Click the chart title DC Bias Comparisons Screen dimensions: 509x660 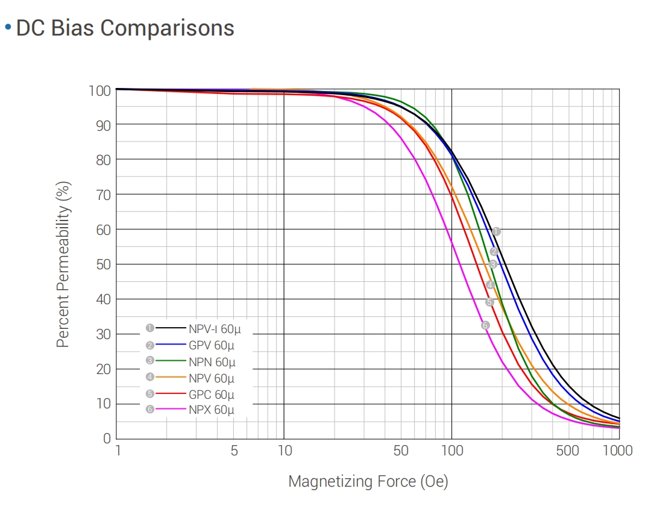pos(125,28)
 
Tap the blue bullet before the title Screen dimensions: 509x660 pos(8,27)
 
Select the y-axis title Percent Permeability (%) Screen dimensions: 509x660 pos(63,265)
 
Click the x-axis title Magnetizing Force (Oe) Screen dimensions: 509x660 pos(368,481)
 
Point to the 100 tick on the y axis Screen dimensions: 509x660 pos(99,91)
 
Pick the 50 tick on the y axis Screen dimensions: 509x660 pos(103,264)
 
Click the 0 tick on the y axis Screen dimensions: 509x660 pos(107,439)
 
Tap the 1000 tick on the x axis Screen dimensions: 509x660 pos(617,451)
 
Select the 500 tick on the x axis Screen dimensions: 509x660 pos(567,451)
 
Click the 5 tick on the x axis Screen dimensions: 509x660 pos(234,451)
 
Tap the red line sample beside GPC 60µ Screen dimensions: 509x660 pos(170,394)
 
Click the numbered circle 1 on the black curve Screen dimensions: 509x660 pos(496,231)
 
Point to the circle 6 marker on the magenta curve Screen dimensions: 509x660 pos(485,325)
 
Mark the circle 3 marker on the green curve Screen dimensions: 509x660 pos(492,264)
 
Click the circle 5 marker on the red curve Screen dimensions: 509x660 pos(489,302)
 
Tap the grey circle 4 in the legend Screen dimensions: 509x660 pos(149,378)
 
